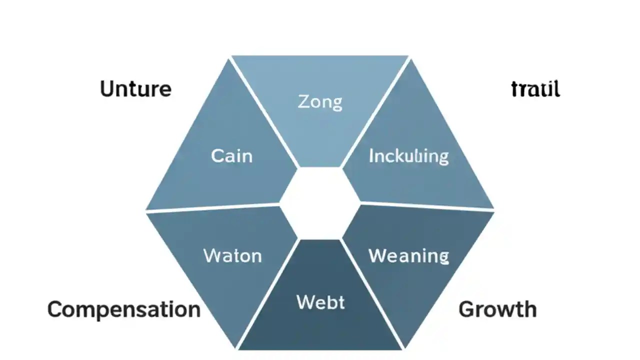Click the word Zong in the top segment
pos(320,102)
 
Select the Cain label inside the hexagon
pos(231,156)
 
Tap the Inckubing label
pos(408,156)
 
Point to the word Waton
pos(232,256)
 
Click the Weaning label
pos(408,256)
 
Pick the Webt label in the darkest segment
pos(320,302)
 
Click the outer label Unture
pos(135,89)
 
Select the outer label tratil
pos(535,89)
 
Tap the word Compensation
pos(123,309)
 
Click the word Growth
pos(497,309)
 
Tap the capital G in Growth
pos(466,309)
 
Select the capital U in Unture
pos(107,89)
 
